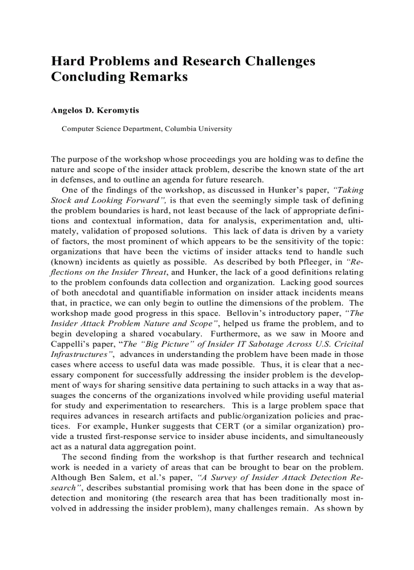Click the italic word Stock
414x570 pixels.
click(x=62, y=200)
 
